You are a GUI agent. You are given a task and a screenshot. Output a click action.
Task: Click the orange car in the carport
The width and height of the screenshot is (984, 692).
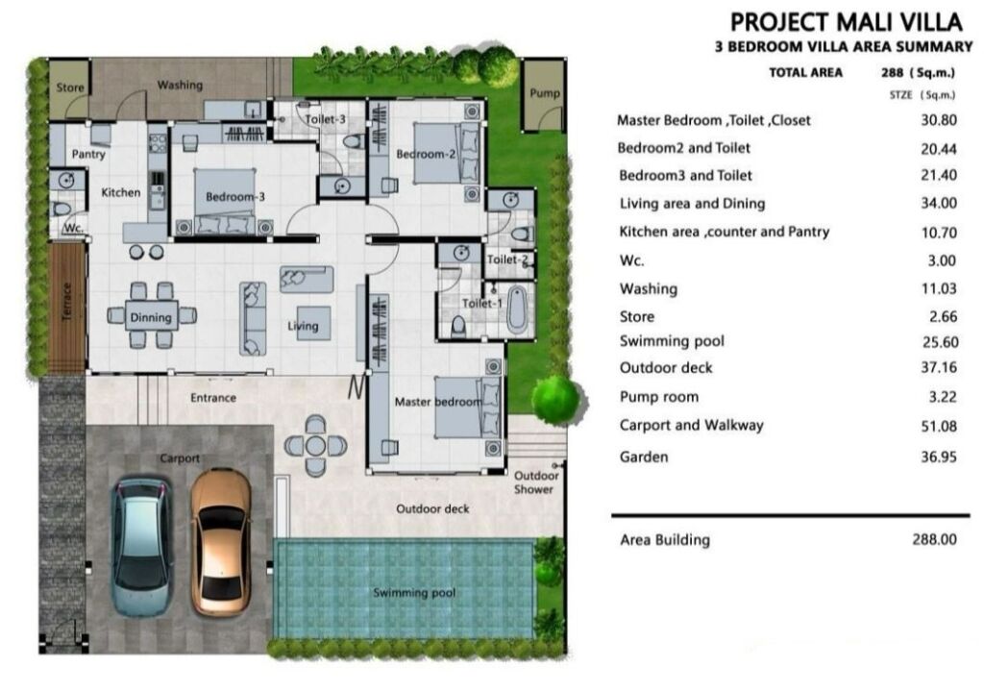pyautogui.click(x=221, y=542)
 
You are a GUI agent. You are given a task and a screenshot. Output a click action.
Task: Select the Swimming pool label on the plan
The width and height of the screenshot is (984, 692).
pyautogui.click(x=414, y=592)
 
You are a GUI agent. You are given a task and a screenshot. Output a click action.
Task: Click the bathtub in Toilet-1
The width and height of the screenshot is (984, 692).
pyautogui.click(x=516, y=309)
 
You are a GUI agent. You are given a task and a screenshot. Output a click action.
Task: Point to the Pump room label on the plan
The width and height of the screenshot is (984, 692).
pyautogui.click(x=544, y=93)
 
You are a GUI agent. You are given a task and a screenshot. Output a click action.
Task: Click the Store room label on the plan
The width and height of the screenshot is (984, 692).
pyautogui.click(x=69, y=87)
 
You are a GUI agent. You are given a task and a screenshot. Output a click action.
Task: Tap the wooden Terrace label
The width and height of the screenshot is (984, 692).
pyautogui.click(x=67, y=302)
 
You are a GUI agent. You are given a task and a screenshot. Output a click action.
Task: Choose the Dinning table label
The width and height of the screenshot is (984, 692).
pyautogui.click(x=151, y=318)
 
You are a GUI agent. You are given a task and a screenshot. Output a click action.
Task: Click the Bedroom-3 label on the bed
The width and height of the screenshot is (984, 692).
pyautogui.click(x=235, y=197)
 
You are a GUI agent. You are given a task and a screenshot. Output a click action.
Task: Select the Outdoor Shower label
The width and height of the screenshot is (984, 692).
pyautogui.click(x=535, y=482)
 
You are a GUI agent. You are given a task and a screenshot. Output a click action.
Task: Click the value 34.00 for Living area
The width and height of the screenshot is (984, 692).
pyautogui.click(x=938, y=203)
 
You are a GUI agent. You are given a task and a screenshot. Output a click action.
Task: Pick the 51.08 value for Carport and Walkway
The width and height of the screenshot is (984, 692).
pyautogui.click(x=938, y=426)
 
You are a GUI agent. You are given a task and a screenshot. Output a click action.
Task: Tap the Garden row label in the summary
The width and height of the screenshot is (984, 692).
pyautogui.click(x=643, y=457)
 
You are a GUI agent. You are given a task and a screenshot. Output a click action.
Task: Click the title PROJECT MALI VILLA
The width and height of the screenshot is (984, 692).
pyautogui.click(x=846, y=22)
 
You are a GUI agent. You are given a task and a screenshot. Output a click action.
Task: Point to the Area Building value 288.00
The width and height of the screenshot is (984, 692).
pyautogui.click(x=934, y=539)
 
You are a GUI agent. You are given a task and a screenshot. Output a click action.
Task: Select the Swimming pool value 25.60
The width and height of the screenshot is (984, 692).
pyautogui.click(x=940, y=341)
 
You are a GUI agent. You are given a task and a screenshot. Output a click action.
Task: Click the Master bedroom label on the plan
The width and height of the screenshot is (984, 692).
pyautogui.click(x=438, y=402)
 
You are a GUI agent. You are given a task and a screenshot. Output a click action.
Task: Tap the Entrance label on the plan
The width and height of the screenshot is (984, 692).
pyautogui.click(x=213, y=398)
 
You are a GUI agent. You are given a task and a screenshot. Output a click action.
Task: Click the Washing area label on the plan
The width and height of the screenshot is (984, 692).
pyautogui.click(x=180, y=85)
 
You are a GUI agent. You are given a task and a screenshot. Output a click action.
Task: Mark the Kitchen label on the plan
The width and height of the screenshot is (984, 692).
pyautogui.click(x=120, y=192)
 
